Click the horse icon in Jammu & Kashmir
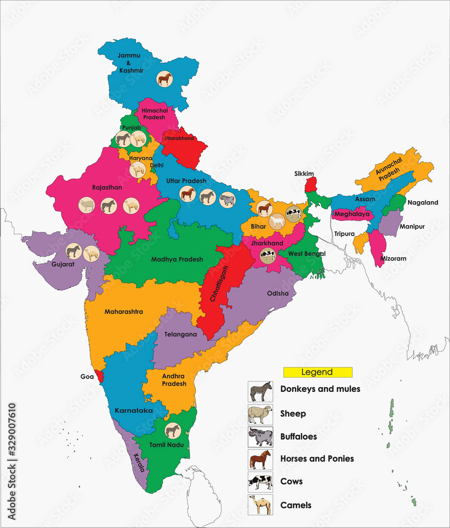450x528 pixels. click(x=165, y=79)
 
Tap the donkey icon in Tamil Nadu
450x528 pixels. click(x=171, y=430)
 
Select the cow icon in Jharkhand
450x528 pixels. click(x=267, y=256)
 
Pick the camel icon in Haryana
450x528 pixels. click(x=138, y=169)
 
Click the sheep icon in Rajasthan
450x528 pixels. click(x=86, y=205)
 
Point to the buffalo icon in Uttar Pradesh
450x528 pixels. click(x=227, y=199)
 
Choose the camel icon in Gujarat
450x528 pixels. click(x=91, y=254)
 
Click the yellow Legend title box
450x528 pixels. click(x=317, y=372)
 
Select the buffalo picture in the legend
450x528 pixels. click(x=260, y=437)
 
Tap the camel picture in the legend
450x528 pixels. click(x=260, y=504)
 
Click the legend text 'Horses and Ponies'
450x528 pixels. click(x=317, y=458)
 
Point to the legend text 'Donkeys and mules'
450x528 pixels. click(x=320, y=389)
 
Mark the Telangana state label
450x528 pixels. click(x=180, y=334)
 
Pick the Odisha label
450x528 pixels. click(x=278, y=294)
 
